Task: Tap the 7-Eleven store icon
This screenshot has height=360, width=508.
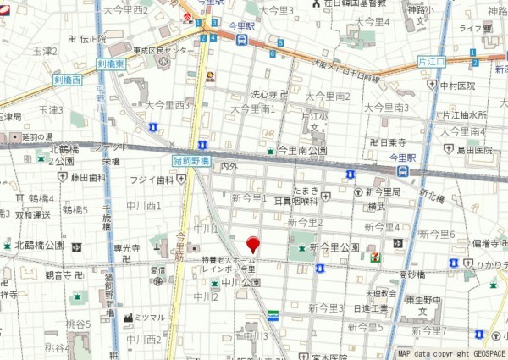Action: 375,257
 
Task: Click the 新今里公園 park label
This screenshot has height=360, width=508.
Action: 334,246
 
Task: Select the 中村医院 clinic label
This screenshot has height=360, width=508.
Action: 456,86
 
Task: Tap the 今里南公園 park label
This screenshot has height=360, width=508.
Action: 302,150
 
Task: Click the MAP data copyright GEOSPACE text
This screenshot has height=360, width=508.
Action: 452,353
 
